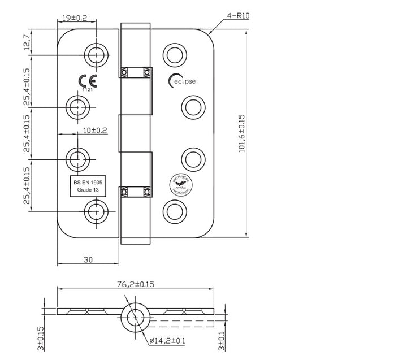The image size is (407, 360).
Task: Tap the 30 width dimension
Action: pos(88,259)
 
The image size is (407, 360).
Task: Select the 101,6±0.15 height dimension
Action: pos(241,133)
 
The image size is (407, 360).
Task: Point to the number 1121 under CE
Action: pos(87,90)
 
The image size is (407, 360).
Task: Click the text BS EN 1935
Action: pos(87,183)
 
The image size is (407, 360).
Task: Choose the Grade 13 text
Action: pos(87,190)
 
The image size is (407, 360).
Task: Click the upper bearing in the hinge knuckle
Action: pos(135,72)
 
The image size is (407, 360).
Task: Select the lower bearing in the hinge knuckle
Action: pos(135,192)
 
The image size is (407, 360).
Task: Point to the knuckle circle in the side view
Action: pos(135,318)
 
